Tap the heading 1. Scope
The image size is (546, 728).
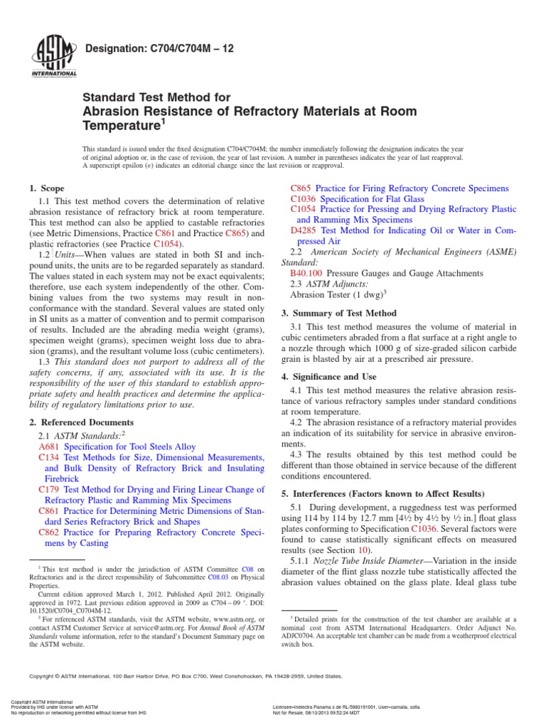(45, 188)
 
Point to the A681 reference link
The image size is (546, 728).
(49, 446)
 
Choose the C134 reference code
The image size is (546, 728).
(49, 459)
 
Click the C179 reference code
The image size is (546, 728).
(49, 489)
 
